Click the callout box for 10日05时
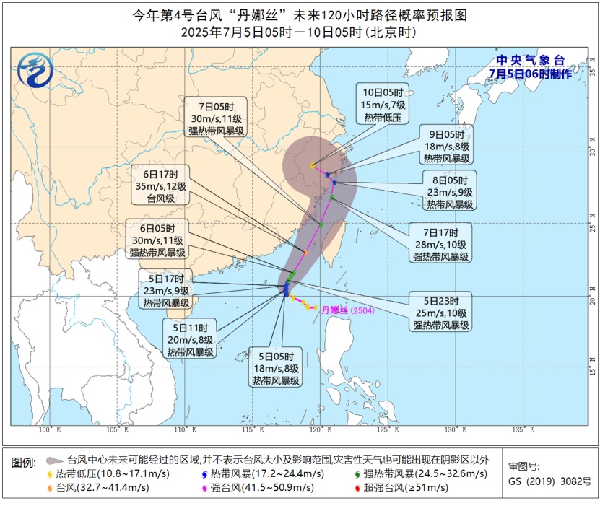(383, 105)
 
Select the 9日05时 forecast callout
(448, 146)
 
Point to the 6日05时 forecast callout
(159, 240)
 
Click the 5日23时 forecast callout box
(442, 313)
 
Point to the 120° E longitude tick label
(316, 429)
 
